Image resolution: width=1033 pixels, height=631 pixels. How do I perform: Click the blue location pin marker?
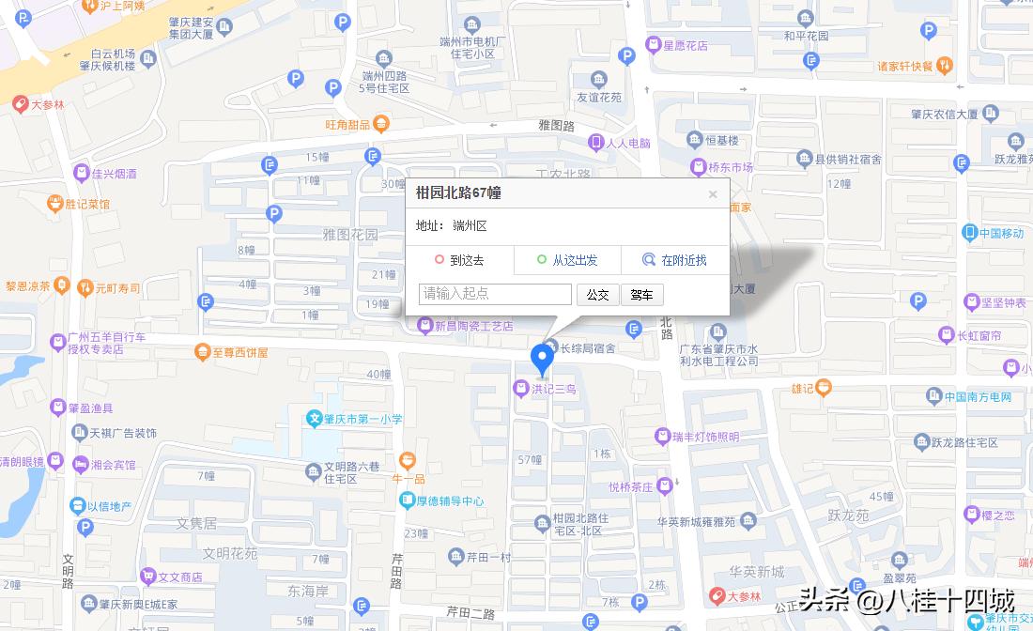pyautogui.click(x=542, y=358)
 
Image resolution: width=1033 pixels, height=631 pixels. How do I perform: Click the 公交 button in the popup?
pyautogui.click(x=597, y=295)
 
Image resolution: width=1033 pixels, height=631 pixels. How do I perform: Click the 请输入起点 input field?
pyautogui.click(x=495, y=294)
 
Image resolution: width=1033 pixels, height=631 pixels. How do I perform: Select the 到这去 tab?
pyautogui.click(x=459, y=260)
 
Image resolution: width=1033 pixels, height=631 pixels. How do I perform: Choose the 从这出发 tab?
pyautogui.click(x=567, y=260)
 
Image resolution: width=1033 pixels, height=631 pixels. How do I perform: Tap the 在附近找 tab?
pyautogui.click(x=674, y=260)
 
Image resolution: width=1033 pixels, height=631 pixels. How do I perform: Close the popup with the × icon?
pyautogui.click(x=713, y=194)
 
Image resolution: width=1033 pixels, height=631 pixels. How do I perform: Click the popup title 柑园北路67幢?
pyautogui.click(x=458, y=192)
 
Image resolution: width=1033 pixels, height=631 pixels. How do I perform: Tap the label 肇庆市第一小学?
pyautogui.click(x=357, y=419)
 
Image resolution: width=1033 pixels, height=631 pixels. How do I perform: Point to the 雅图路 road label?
pyautogui.click(x=556, y=125)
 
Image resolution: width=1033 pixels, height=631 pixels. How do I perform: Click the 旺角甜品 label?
pyautogui.click(x=347, y=124)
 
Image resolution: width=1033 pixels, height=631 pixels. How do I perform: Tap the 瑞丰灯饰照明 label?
pyautogui.click(x=705, y=437)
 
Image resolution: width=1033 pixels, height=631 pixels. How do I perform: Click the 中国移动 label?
pyautogui.click(x=1000, y=233)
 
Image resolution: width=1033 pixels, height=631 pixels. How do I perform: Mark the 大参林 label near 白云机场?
pyautogui.click(x=47, y=105)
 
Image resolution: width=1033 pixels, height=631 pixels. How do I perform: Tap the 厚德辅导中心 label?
pyautogui.click(x=451, y=500)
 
